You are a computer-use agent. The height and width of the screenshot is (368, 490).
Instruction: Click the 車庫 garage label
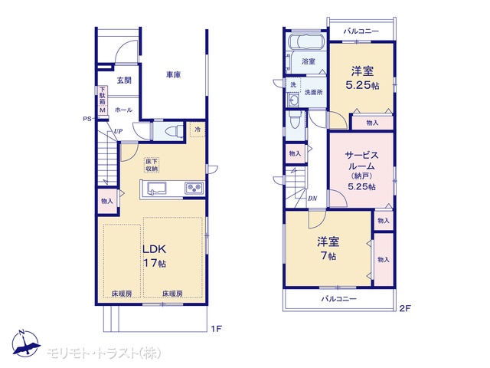pyautogui.click(x=174, y=75)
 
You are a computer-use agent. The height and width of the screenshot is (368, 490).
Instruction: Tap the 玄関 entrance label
pyautogui.click(x=124, y=80)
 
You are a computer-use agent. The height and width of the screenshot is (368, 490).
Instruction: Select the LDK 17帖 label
pyautogui.click(x=155, y=256)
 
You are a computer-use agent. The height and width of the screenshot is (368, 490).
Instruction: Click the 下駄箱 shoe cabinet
pyautogui.click(x=103, y=100)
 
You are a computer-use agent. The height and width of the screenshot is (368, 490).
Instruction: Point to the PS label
pyautogui.click(x=87, y=119)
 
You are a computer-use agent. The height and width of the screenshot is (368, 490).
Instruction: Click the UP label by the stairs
pyautogui.click(x=118, y=131)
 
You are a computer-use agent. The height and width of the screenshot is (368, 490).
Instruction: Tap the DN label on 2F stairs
pyautogui.click(x=312, y=199)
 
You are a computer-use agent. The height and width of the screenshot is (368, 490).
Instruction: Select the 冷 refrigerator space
pyautogui.click(x=198, y=130)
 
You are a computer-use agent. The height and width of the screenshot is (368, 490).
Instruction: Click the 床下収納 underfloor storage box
pyautogui.click(x=152, y=165)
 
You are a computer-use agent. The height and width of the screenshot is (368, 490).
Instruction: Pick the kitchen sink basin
pyautogui.click(x=157, y=189)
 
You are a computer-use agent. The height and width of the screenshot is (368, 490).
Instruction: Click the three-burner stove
pyautogui.click(x=194, y=188)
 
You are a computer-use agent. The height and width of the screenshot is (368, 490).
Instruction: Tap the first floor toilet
pyautogui.click(x=176, y=131)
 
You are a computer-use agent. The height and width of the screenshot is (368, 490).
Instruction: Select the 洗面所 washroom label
pyautogui.click(x=314, y=92)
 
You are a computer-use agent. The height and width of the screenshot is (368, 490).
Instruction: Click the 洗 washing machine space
pyautogui.click(x=293, y=84)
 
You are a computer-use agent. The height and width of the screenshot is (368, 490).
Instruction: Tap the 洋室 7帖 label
pyautogui.click(x=328, y=248)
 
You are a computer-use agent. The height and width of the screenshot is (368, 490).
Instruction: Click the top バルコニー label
pyautogui.click(x=361, y=31)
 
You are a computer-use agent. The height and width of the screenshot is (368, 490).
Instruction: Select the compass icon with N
pyautogui.click(x=26, y=343)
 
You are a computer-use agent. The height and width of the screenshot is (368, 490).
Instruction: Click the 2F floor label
pyautogui.click(x=405, y=308)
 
